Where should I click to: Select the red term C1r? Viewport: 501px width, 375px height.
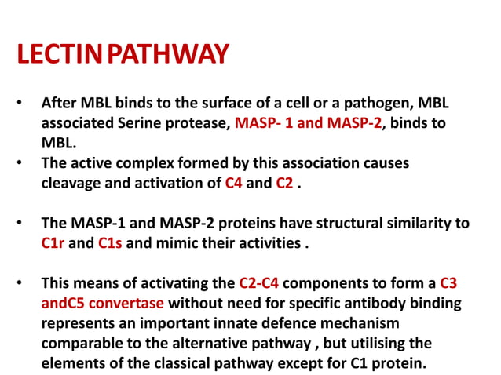point(53,243)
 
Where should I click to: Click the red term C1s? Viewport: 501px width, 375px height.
point(110,243)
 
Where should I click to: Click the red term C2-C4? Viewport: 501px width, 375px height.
point(258,283)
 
